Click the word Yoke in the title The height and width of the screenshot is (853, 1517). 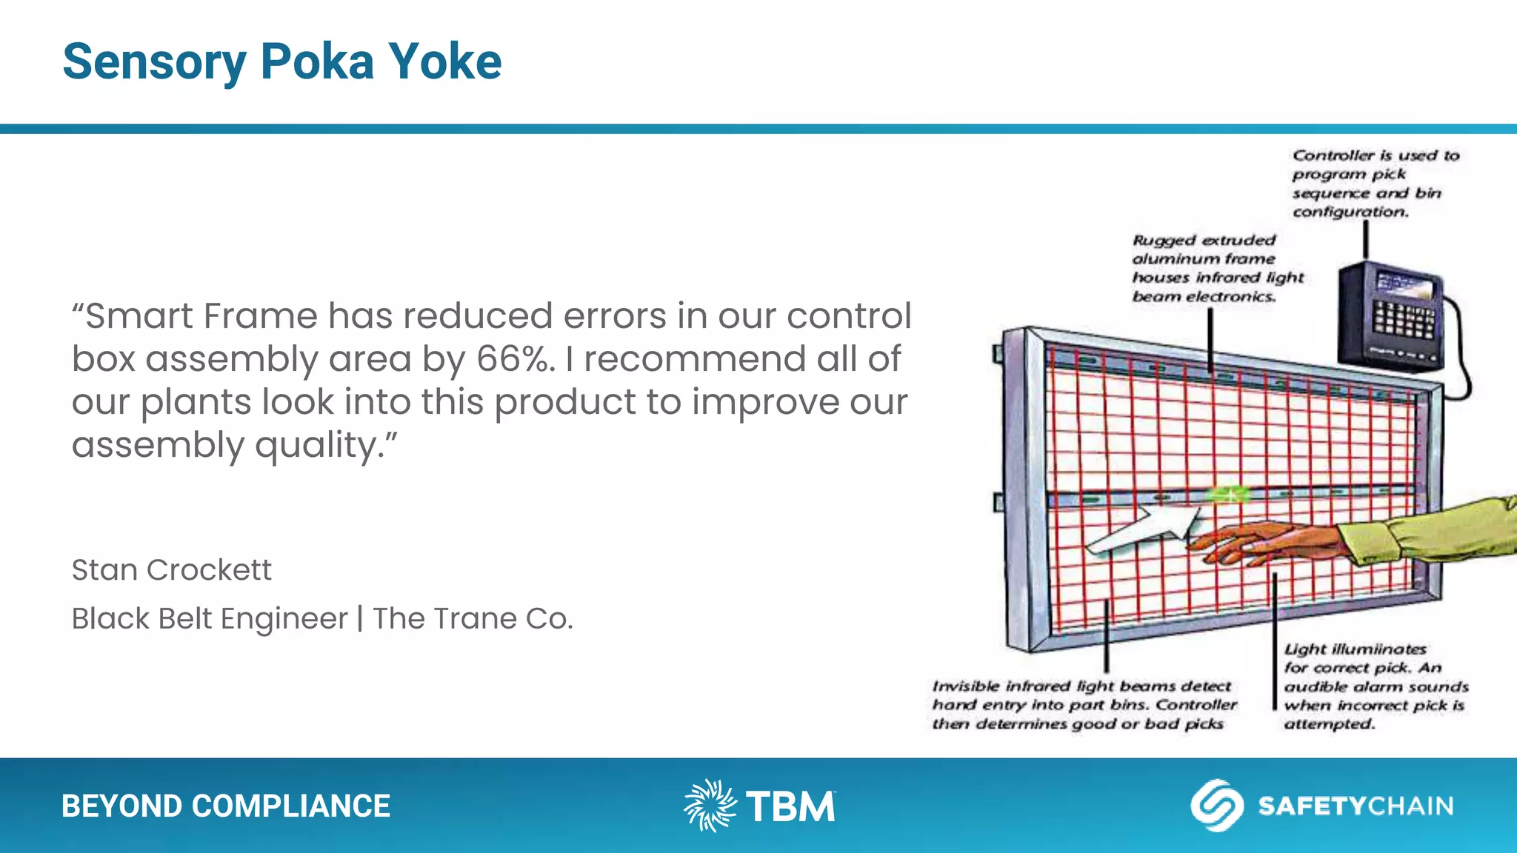coord(445,61)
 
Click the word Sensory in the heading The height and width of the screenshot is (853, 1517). coord(154,63)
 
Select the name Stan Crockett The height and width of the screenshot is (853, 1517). coord(171,570)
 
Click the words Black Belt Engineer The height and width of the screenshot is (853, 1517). coord(210,618)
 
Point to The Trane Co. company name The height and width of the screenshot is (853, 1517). coord(473,618)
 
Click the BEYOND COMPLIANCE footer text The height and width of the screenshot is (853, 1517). coord(225,806)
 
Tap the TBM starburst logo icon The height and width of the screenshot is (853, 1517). coord(709,805)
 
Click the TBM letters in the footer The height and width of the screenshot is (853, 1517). coord(790,806)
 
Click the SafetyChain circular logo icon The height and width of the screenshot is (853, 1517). coord(1216,805)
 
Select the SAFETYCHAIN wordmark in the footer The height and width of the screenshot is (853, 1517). coord(1356,806)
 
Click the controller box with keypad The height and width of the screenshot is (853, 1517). coord(1390,315)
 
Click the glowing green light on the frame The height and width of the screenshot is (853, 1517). coord(1229,494)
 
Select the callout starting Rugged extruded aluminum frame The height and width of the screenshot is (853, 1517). coord(1216,268)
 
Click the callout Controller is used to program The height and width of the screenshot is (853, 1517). coord(1374,183)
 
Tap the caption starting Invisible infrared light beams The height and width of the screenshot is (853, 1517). coord(1083,705)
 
